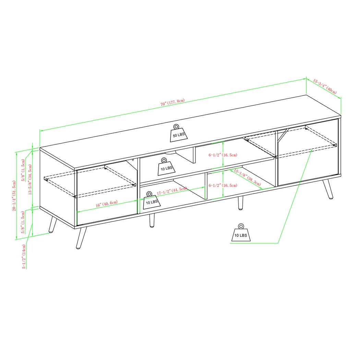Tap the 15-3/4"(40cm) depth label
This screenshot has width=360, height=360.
[x=325, y=86]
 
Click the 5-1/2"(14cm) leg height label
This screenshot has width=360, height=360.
[x=24, y=256]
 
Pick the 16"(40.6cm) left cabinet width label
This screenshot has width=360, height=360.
[x=107, y=204]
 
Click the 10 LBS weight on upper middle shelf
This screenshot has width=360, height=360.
[x=166, y=166]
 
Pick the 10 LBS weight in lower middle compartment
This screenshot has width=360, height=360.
[x=151, y=200]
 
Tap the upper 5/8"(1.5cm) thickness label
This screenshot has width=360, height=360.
[x=23, y=168]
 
